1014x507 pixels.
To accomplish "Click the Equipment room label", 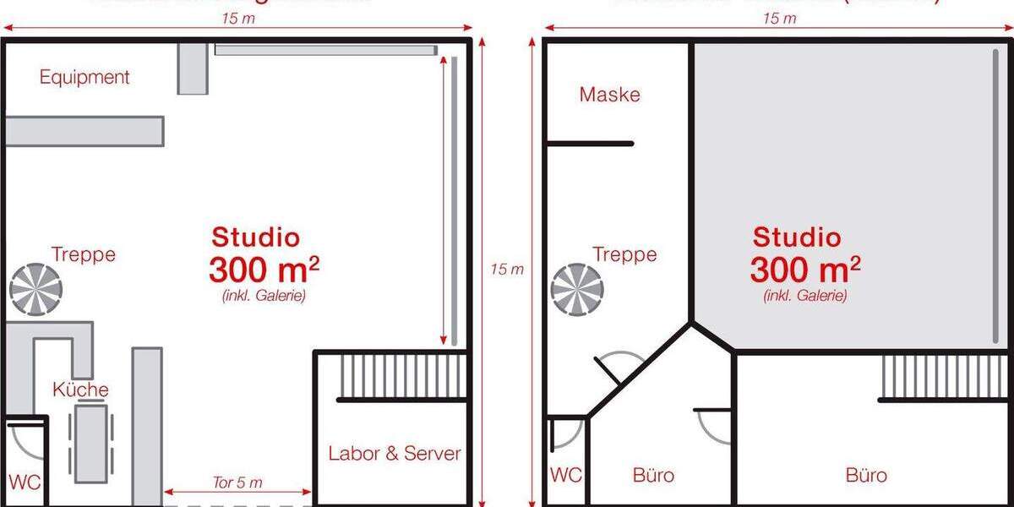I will tap(84, 78).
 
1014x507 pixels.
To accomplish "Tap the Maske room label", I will tap(609, 95).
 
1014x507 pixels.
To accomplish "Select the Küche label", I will tap(80, 390).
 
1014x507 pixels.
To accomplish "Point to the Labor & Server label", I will tap(395, 454).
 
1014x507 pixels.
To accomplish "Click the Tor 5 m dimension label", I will tap(237, 482).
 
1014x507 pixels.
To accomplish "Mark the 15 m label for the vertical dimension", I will tap(507, 269).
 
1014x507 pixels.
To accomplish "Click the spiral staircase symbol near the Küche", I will tap(35, 290).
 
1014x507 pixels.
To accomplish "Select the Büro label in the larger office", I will tap(866, 476).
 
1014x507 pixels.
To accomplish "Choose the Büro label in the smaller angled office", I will tap(653, 476).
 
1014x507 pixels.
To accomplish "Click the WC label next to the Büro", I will tap(565, 476).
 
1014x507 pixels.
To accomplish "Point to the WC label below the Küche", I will tap(24, 482).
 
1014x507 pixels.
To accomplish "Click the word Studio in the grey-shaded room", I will tap(797, 237).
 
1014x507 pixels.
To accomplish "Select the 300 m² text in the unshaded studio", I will tap(264, 270).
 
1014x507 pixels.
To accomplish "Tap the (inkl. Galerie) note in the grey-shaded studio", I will tap(804, 296).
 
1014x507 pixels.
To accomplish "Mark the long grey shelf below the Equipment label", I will tap(84, 132).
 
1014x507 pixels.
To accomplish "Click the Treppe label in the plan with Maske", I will tap(624, 254).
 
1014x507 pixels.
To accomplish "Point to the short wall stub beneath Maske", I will tap(589, 144).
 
